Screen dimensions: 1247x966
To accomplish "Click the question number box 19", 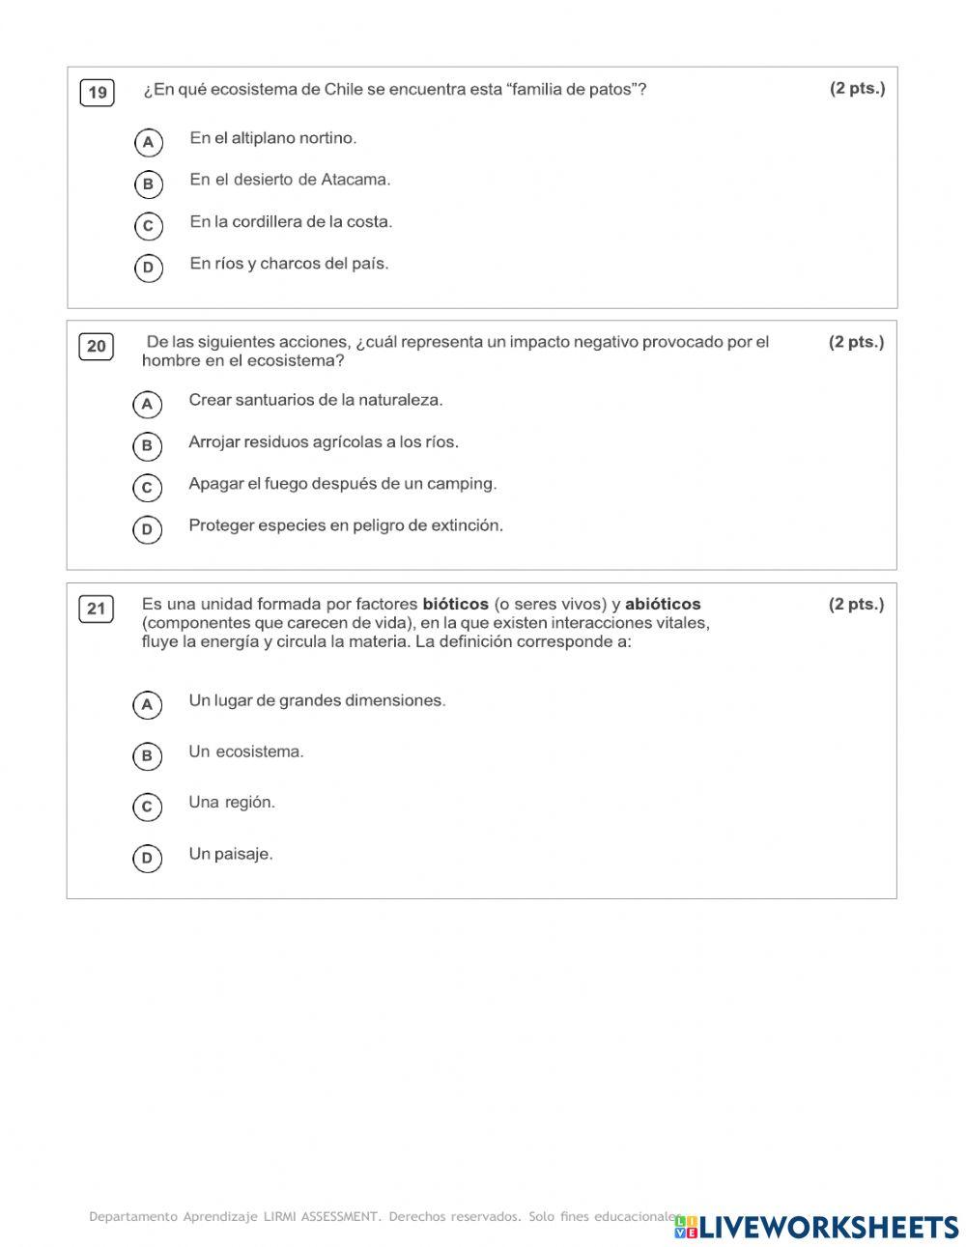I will point(98,93).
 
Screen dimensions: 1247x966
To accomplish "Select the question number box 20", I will point(97,347).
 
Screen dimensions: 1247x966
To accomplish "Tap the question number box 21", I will point(96,609).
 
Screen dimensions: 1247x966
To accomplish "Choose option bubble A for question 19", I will point(148,143).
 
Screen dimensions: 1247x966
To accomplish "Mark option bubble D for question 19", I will point(148,268).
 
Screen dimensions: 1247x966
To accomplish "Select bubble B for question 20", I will point(147,445).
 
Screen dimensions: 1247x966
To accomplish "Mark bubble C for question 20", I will point(147,488).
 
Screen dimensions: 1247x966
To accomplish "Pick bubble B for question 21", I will point(147,755).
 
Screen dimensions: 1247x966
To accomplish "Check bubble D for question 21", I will point(147,858).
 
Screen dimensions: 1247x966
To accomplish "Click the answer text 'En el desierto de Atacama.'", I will point(290,180).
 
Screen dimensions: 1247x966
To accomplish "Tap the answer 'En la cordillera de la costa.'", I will point(291,222).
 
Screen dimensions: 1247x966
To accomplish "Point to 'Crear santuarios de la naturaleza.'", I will point(316,400).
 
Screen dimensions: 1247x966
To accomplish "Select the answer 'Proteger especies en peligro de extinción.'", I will point(346,525).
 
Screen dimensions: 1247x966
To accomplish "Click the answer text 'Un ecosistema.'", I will point(246,751).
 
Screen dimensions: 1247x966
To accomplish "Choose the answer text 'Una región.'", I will point(232,802).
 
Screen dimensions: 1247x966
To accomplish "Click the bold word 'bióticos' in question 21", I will point(456,605).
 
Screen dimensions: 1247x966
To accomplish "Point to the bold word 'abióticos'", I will point(663,605).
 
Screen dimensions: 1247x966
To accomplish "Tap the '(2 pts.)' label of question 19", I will point(857,89).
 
